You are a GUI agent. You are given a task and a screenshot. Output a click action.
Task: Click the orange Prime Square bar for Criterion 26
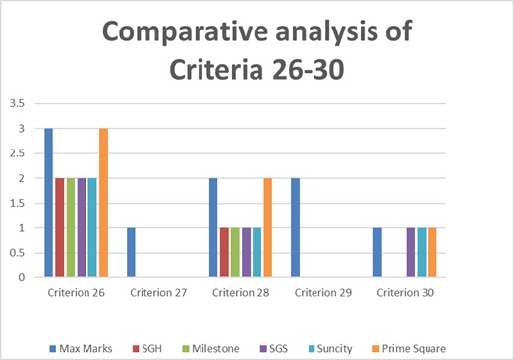[103, 203]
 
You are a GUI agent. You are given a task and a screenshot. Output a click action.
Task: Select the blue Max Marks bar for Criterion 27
[131, 253]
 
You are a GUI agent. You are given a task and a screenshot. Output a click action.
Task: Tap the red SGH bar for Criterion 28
[224, 253]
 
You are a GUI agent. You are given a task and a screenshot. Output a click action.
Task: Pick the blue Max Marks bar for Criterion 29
[295, 228]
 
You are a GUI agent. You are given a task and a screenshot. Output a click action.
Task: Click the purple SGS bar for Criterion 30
[411, 253]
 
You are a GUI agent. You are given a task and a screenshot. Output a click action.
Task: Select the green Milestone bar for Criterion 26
[71, 228]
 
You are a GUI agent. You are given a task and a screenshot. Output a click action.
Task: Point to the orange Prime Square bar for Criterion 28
[268, 228]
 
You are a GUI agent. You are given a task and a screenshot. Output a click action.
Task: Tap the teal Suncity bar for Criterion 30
[422, 253]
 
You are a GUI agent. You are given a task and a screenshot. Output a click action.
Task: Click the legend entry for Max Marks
[81, 348]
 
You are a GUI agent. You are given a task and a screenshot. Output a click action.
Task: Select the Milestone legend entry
[210, 348]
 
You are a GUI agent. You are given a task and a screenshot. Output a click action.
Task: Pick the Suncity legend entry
[330, 348]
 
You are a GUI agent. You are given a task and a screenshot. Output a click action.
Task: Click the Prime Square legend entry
[410, 348]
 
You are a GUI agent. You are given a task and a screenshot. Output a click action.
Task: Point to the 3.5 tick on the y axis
[17, 103]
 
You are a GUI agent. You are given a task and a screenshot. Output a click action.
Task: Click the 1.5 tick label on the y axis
[17, 204]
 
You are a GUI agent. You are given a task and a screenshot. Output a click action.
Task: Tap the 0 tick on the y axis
[22, 277]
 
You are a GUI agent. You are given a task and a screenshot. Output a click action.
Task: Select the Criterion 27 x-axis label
[158, 293]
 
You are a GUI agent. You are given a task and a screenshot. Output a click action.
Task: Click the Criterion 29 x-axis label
[323, 293]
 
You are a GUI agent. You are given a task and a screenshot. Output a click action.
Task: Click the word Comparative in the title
[186, 32]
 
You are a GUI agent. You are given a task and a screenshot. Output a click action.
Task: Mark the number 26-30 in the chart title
[308, 70]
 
